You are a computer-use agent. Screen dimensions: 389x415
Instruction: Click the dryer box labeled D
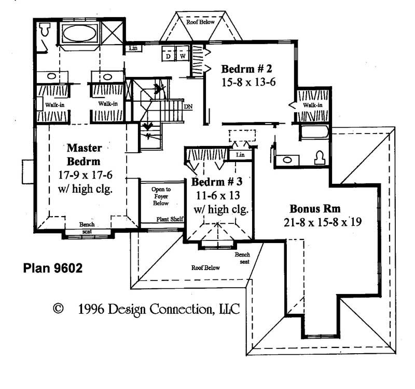169,55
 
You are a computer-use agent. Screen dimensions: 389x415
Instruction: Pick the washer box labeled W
183,55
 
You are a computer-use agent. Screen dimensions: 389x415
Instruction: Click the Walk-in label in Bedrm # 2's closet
312,105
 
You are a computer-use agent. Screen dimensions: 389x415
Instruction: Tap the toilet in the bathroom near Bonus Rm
319,157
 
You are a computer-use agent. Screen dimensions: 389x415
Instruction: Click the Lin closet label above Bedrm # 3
240,155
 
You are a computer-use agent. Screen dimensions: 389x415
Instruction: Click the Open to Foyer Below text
161,196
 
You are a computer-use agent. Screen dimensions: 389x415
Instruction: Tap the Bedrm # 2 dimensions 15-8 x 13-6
247,82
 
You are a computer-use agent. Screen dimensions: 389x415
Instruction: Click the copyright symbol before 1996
58,310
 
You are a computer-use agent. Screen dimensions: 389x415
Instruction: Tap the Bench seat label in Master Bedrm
87,227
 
